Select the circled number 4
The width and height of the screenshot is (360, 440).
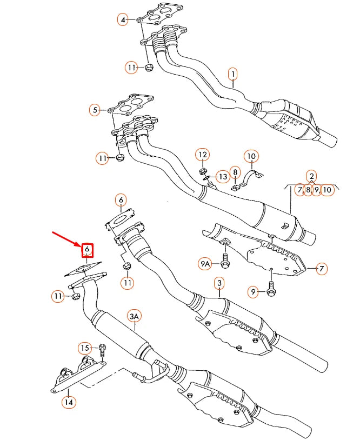point(123,20)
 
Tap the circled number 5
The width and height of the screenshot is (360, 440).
point(95,110)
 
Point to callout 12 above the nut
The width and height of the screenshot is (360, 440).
point(202,155)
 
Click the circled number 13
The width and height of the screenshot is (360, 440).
point(223,176)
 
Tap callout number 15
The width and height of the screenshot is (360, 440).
point(84,348)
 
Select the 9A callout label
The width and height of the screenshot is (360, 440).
point(204,264)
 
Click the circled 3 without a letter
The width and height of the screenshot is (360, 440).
point(218,283)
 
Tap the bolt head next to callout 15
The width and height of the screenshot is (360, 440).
point(102,346)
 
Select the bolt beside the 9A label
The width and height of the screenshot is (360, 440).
point(224,263)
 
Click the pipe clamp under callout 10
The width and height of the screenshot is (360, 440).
point(251,177)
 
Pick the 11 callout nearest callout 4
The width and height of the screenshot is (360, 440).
point(132,68)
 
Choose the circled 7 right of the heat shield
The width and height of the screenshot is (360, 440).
point(321,268)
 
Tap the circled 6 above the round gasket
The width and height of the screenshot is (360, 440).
point(121,201)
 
